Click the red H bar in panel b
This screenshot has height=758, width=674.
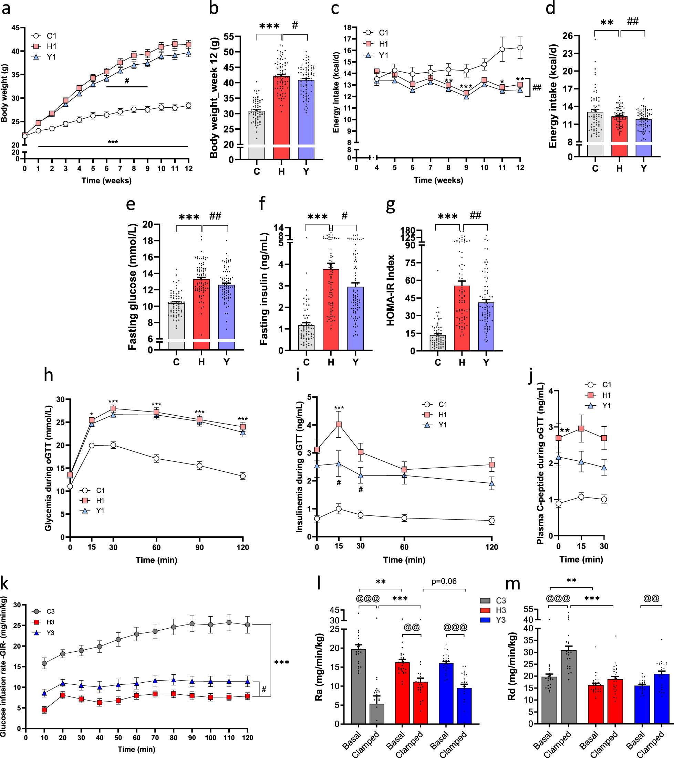coord(281,111)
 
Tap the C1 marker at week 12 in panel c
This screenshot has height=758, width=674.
coord(520,47)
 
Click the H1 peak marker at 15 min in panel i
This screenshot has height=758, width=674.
coord(339,424)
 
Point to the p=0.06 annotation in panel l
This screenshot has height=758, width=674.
coord(444,581)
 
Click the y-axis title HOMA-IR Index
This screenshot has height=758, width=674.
coord(391,290)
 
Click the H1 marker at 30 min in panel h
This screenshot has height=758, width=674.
coord(113,408)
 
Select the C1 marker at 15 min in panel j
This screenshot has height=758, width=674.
coord(581,497)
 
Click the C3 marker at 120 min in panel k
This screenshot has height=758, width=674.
coord(248,625)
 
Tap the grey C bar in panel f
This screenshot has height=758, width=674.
coord(306,338)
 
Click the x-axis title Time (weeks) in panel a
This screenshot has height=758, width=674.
coord(106,181)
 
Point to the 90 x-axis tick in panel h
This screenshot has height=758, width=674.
coord(200,547)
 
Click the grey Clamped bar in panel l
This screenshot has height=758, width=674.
coord(377,713)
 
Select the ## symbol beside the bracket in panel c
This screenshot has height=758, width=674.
coord(537,87)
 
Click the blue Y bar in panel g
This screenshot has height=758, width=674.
coord(486,326)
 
